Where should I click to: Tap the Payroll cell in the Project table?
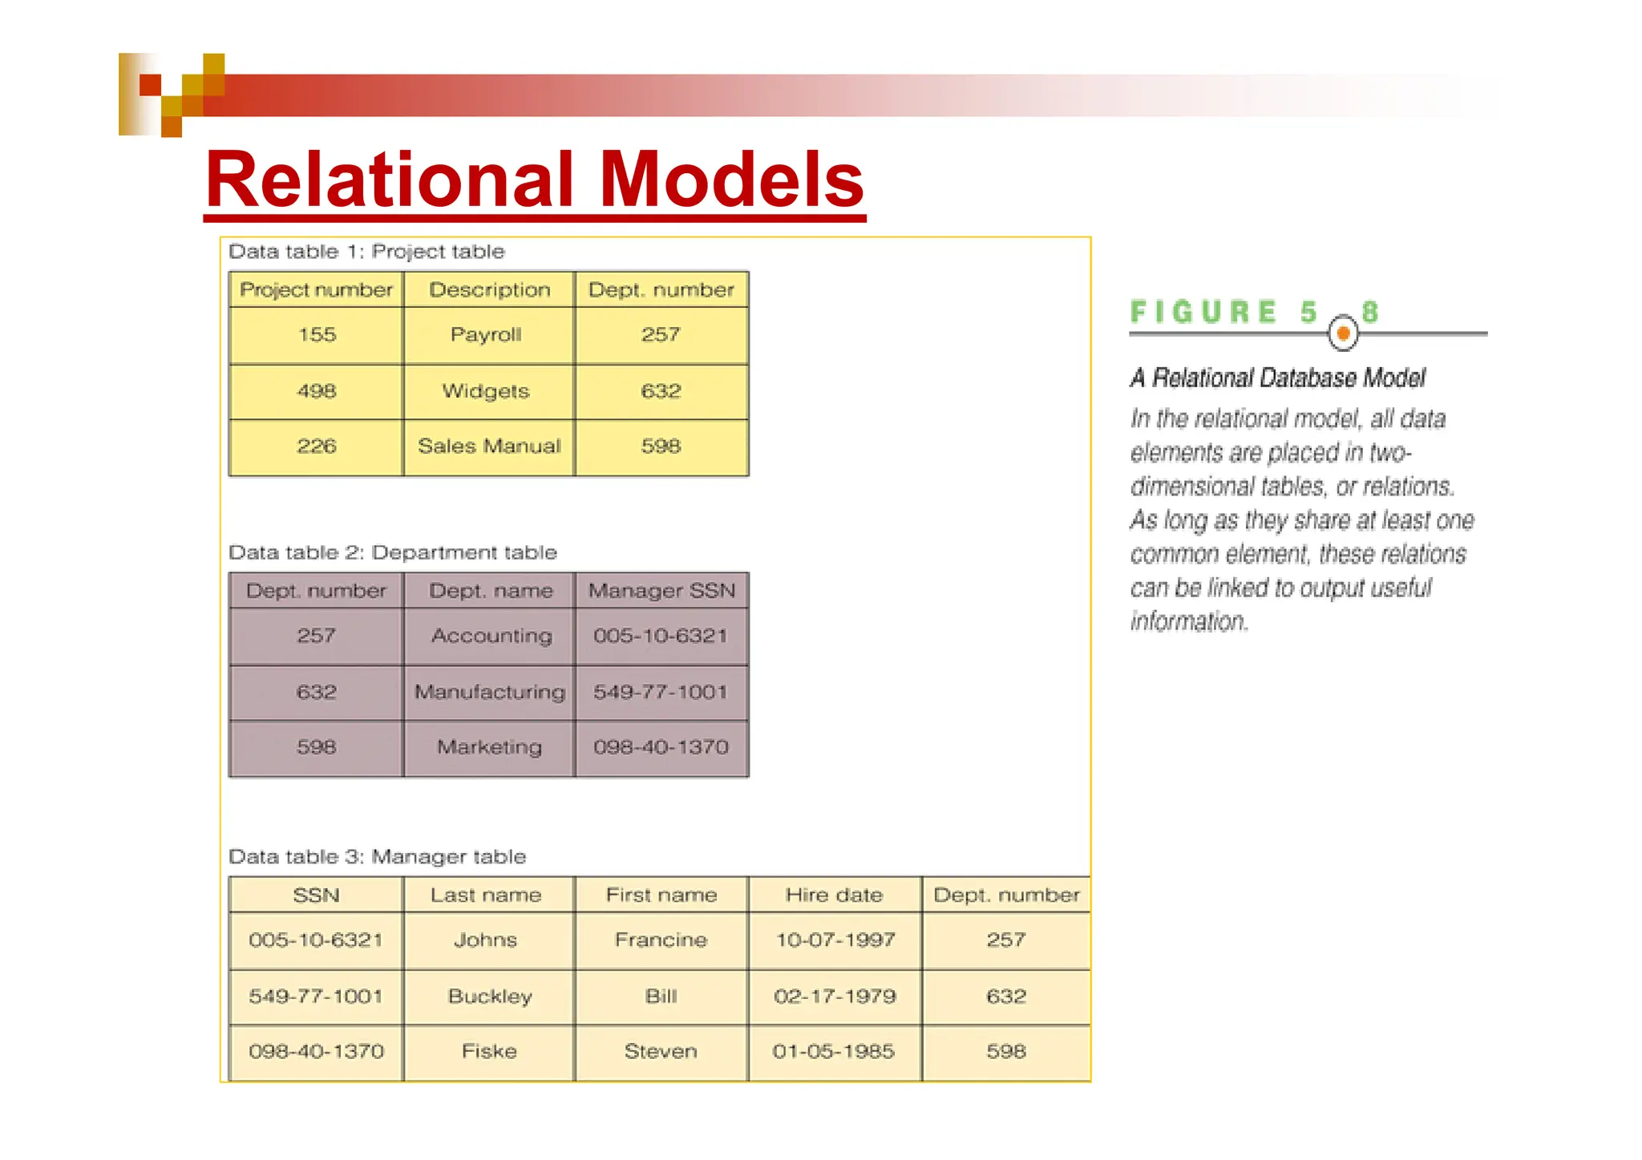486,335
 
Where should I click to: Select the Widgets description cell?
486,391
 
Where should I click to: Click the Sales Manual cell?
489,447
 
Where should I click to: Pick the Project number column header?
316,290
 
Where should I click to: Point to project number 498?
316,391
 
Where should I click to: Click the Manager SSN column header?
661,591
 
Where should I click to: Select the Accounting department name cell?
491,636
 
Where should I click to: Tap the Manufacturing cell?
489,692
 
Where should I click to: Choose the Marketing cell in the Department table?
489,747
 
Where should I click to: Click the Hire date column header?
834,895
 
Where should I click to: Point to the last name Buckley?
490,996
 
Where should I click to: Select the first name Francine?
661,940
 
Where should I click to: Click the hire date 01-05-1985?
833,1051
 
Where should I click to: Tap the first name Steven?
661,1051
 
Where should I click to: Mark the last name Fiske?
489,1051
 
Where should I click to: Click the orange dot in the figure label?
1343,333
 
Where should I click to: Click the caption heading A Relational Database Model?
1277,378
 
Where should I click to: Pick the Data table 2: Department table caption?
392,552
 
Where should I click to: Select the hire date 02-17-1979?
835,996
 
